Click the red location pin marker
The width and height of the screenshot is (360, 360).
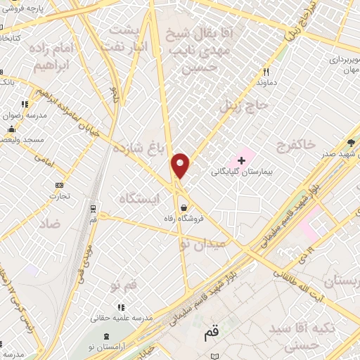181,166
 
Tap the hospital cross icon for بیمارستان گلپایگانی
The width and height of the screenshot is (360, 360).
242,160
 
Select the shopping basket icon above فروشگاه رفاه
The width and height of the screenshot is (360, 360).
184,207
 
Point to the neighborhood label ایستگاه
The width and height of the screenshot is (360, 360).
139,200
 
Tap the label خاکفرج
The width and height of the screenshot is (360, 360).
307,144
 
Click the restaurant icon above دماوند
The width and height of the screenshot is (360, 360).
266,72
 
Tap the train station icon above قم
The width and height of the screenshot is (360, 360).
94,208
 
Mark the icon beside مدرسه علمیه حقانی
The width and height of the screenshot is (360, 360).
121,307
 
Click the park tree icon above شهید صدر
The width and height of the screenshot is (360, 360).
350,143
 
